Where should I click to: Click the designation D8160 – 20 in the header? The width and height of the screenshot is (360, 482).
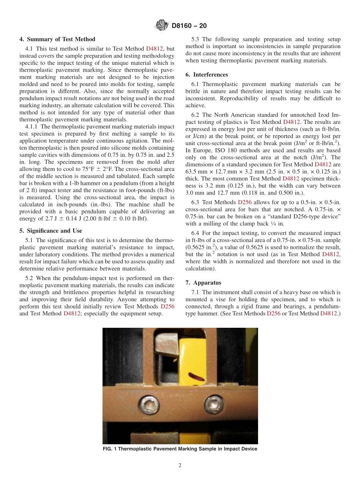[189, 26]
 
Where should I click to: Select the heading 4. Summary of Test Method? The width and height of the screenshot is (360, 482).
[57, 39]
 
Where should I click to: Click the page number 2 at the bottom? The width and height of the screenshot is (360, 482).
[180, 465]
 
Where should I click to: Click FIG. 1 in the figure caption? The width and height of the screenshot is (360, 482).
[110, 449]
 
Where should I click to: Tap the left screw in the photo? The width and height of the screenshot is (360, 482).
[146, 401]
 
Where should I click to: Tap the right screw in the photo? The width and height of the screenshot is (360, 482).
[211, 401]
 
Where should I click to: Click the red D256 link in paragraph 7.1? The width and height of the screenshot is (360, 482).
[274, 313]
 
